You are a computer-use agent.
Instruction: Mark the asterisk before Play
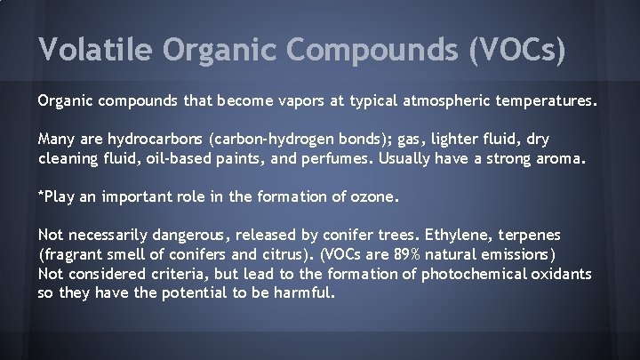click(x=40, y=195)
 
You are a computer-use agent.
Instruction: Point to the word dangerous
click(x=177, y=236)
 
